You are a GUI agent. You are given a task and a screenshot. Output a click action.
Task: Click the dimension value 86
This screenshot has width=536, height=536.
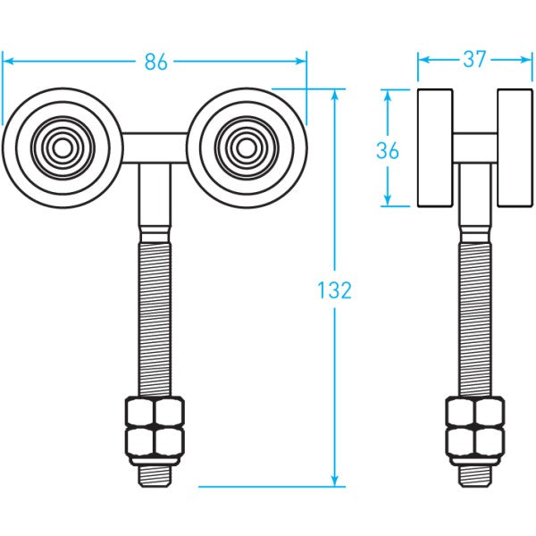pyautogui.click(x=156, y=62)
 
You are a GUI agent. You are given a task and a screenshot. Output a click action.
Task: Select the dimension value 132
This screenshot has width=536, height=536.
pyautogui.click(x=335, y=289)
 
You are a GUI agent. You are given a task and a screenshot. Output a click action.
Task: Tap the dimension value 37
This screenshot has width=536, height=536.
pyautogui.click(x=473, y=60)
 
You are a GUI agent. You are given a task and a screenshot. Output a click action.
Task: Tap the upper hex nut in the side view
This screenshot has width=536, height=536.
pyautogui.click(x=474, y=413)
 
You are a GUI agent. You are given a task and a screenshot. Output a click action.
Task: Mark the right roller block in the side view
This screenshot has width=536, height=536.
pyautogui.click(x=514, y=147)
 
